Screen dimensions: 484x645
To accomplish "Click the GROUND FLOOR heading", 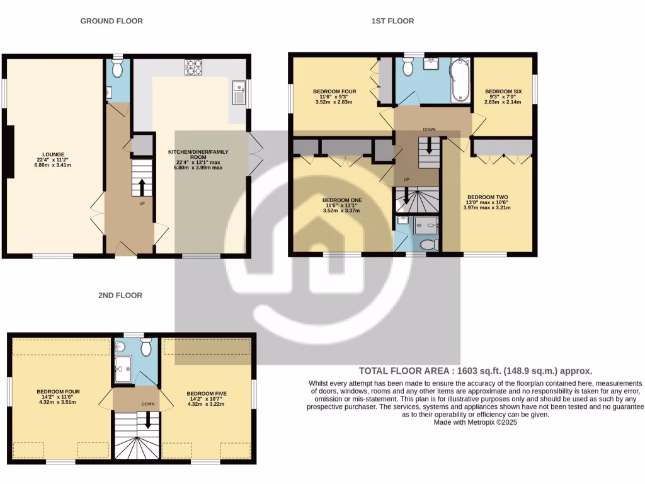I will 111,21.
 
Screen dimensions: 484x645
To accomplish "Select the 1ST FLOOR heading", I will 392,21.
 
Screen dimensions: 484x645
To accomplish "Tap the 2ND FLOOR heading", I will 120,295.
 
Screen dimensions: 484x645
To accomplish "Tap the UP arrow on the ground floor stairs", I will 142,186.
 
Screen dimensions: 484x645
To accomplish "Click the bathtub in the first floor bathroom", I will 460,80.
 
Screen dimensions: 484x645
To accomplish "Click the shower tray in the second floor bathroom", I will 123,369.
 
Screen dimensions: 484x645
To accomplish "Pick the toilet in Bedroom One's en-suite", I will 428,244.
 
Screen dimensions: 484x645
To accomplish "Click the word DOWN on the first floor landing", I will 429,130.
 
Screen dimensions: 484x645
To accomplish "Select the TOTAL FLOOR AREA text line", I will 475,371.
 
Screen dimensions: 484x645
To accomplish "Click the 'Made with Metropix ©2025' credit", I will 475,423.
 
